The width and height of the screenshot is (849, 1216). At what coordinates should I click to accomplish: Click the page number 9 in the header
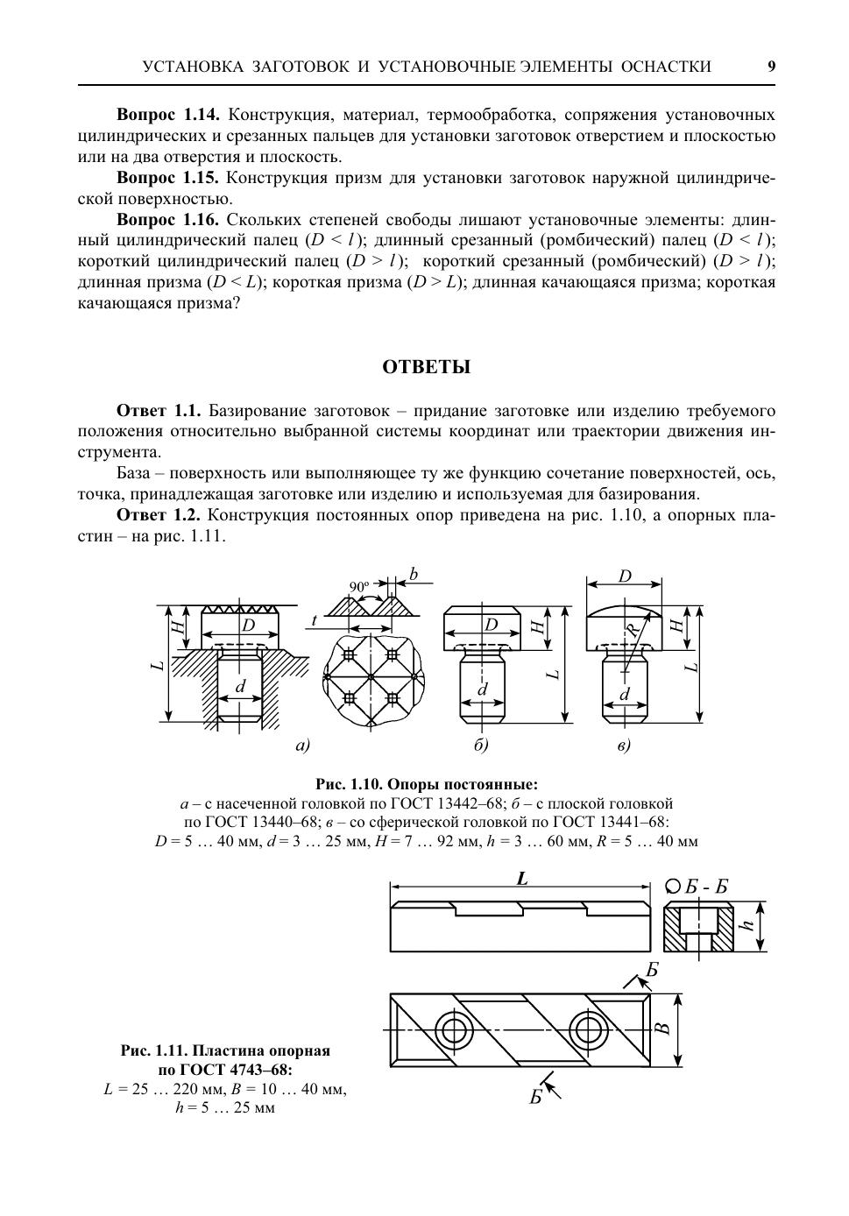pos(771,67)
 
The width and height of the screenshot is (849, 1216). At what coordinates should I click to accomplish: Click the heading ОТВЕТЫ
pos(426,367)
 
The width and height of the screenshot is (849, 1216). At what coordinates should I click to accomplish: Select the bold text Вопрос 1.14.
pos(167,115)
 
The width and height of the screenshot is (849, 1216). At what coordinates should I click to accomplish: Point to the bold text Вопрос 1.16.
pos(167,219)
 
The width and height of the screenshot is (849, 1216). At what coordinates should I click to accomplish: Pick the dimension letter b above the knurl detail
pos(414,575)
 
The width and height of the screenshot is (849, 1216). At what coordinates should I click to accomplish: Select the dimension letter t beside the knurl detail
pos(313,620)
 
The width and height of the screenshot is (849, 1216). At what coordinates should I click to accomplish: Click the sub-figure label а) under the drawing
pos(302,746)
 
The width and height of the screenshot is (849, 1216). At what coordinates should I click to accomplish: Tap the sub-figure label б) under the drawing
pos(480,746)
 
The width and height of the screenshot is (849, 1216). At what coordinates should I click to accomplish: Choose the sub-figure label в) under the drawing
pos(624,746)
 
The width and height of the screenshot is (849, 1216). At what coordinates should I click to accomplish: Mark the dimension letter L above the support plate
pos(522,879)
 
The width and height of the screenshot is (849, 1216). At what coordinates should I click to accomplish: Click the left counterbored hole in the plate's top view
pos(454,1029)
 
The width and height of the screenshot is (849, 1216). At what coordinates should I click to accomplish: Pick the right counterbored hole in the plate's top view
pos(584,1029)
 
